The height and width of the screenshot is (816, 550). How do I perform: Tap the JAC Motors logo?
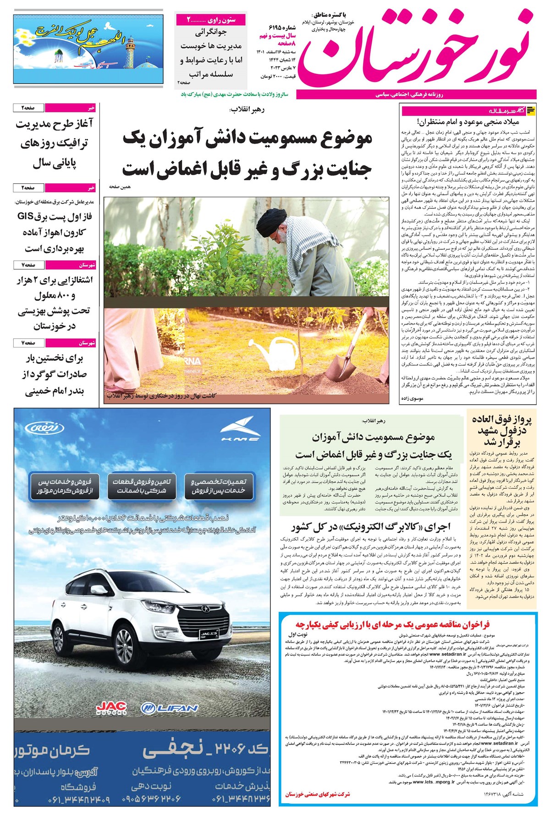(x=111, y=709)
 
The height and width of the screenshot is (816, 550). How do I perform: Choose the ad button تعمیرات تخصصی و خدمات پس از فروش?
(x=218, y=486)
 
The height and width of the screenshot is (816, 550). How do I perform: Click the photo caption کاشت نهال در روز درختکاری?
(x=161, y=396)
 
